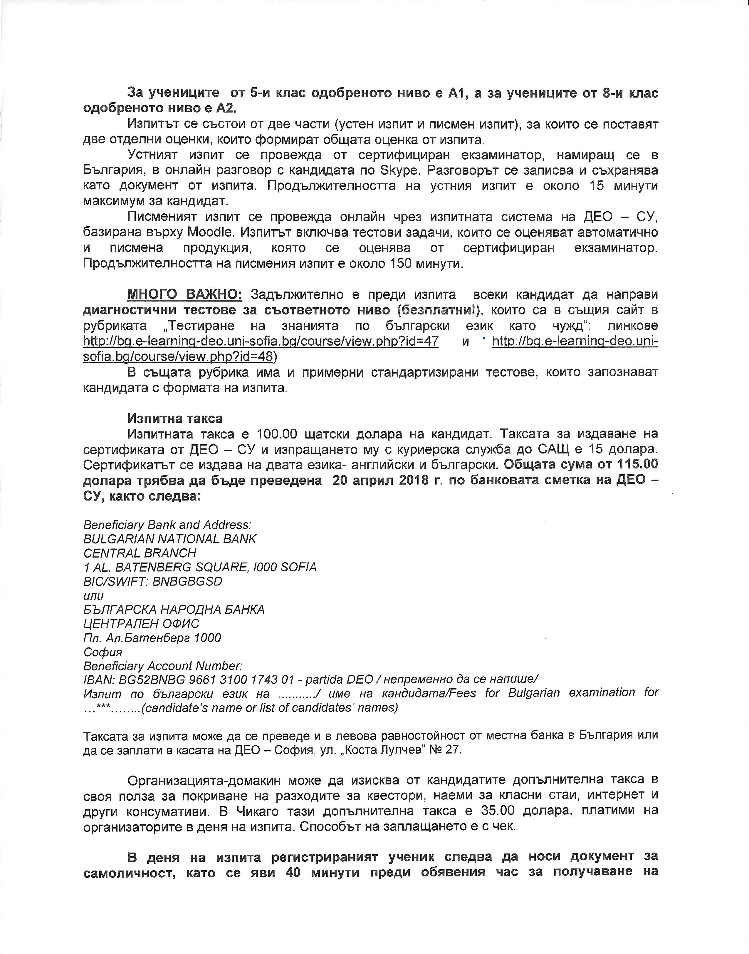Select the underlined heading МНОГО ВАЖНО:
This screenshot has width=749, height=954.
coord(184,294)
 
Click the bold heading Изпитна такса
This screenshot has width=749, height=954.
coord(175,418)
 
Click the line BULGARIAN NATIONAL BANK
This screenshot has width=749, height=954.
coord(170,539)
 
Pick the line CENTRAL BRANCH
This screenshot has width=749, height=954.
coord(140,553)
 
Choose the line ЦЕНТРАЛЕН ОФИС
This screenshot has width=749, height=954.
coord(141,624)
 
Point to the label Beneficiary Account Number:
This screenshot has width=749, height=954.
coord(163,666)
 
